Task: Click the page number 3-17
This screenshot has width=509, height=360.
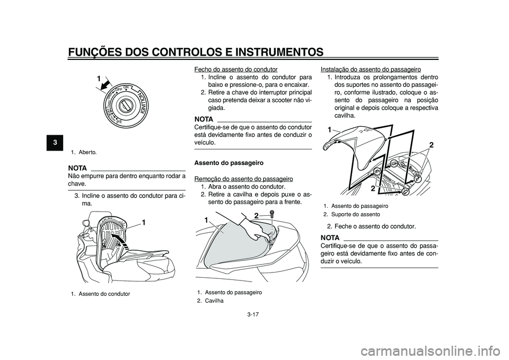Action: pyautogui.click(x=252, y=314)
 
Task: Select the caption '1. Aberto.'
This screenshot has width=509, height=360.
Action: pyautogui.click(x=84, y=152)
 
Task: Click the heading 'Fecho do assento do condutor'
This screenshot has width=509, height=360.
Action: pyautogui.click(x=236, y=69)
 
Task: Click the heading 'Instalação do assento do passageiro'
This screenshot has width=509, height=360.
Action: pyautogui.click(x=371, y=69)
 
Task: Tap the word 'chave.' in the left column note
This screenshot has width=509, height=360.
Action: pyautogui.click(x=77, y=183)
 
